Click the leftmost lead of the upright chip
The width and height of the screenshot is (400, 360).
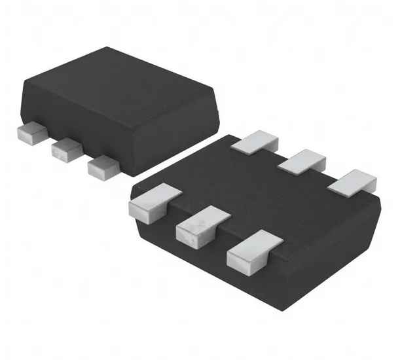[31, 134]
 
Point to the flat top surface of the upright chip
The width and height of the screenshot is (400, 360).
[118, 76]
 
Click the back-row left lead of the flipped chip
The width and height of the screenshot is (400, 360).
[255, 142]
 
